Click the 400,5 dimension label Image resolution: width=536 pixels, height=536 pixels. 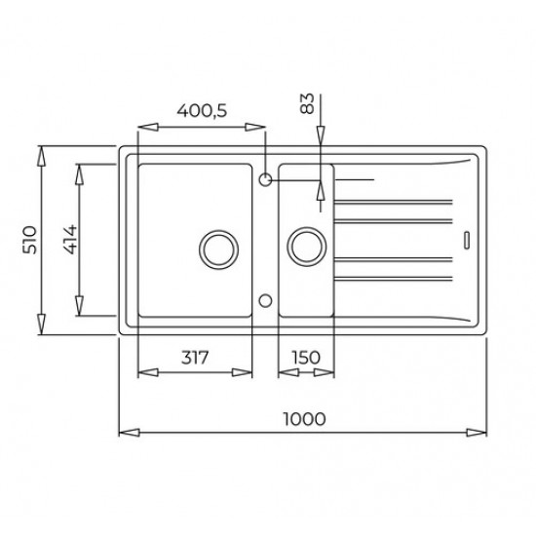pyautogui.click(x=202, y=111)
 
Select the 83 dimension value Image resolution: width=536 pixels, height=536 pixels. pyautogui.click(x=307, y=103)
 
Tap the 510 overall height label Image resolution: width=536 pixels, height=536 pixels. pyautogui.click(x=29, y=240)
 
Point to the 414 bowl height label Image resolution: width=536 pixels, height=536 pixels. pyautogui.click(x=71, y=240)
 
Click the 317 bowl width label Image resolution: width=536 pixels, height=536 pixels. pyautogui.click(x=195, y=358)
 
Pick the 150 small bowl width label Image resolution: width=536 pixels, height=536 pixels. pyautogui.click(x=306, y=358)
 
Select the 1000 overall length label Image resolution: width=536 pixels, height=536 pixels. pyautogui.click(x=304, y=419)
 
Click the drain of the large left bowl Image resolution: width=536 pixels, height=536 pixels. pyautogui.click(x=218, y=249)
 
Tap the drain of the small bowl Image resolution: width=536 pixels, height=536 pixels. pyautogui.click(x=307, y=247)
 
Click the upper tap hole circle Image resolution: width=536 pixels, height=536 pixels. pyautogui.click(x=265, y=179)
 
